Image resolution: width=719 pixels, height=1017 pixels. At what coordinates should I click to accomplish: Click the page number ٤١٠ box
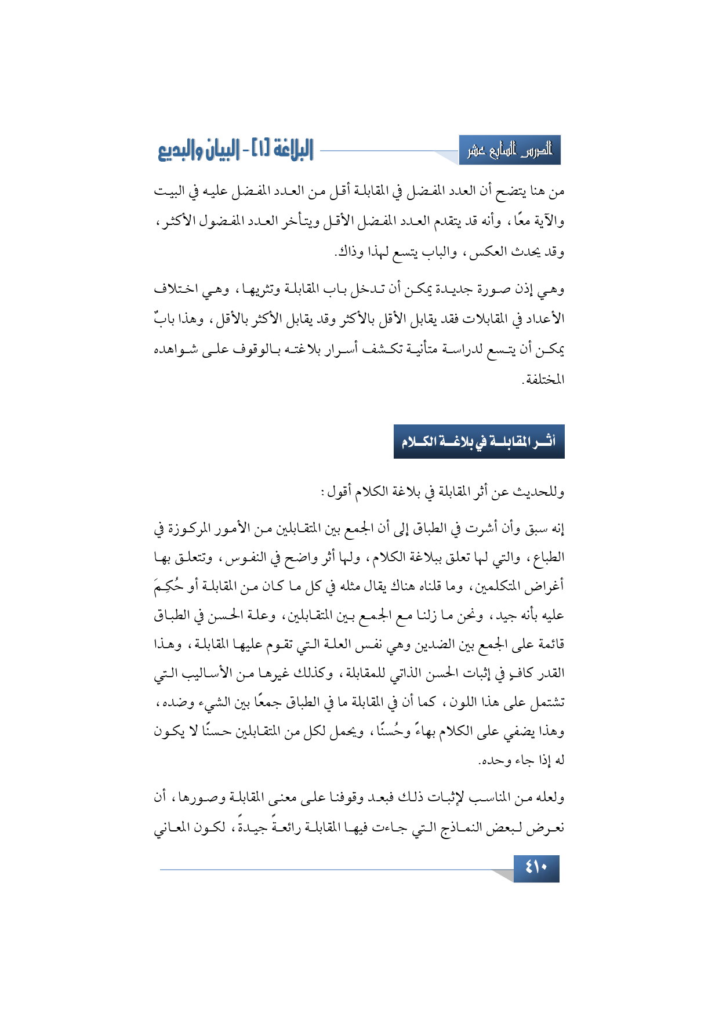(536, 868)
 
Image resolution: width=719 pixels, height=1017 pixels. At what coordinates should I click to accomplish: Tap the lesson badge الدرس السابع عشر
(509, 150)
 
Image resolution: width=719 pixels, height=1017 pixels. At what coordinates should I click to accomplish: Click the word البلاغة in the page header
(285, 150)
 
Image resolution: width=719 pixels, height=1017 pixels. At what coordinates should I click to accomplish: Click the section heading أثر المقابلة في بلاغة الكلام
(478, 442)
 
